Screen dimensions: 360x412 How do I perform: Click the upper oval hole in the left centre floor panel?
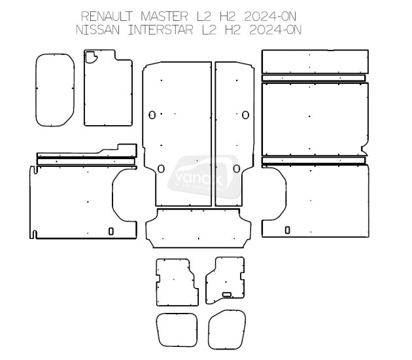[x=152, y=115]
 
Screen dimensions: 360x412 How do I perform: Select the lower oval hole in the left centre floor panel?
[x=161, y=168]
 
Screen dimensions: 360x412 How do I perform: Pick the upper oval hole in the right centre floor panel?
[x=245, y=115]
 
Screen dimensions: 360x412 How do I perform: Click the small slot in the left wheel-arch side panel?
[x=111, y=230]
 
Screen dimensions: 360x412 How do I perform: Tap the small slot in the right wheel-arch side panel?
[x=288, y=230]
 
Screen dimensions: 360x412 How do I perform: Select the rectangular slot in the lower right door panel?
[x=230, y=293]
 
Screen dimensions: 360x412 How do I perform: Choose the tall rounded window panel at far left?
[x=54, y=90]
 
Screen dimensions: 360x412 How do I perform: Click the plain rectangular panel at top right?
[x=315, y=62]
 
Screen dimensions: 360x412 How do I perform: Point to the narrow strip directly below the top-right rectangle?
[x=314, y=78]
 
